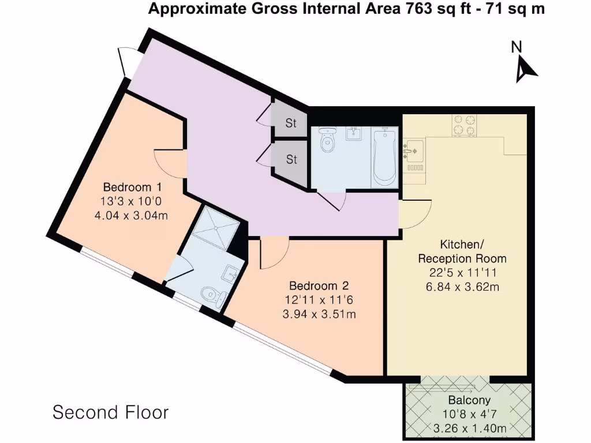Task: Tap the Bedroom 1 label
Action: [x=132, y=187]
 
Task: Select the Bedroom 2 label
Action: [x=319, y=286]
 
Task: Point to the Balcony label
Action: [x=469, y=400]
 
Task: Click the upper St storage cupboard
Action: [x=290, y=122]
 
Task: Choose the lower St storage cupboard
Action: [x=291, y=159]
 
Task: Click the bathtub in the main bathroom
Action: [x=384, y=157]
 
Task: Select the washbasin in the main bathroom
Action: [x=353, y=134]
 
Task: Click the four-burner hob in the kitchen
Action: [x=465, y=125]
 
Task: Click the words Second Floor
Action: [x=111, y=413]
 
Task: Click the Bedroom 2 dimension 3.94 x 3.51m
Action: [x=319, y=314]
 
